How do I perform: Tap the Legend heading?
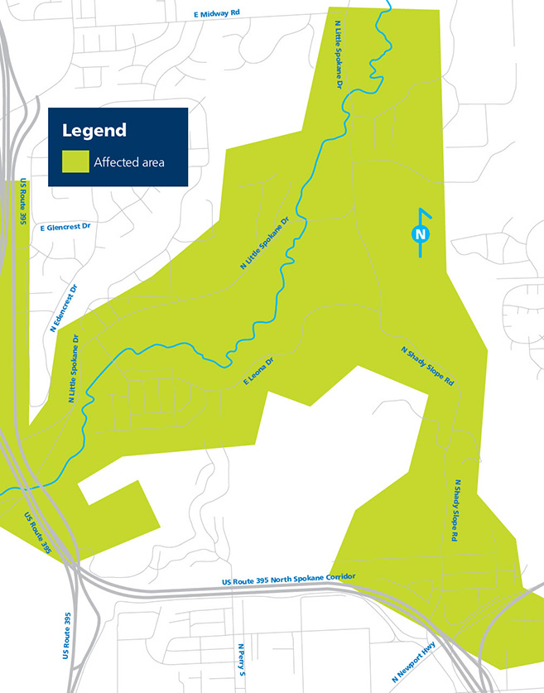94,130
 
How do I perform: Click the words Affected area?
129,162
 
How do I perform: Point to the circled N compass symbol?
421,234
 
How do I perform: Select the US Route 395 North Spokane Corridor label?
289,576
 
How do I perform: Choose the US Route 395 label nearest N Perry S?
67,636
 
